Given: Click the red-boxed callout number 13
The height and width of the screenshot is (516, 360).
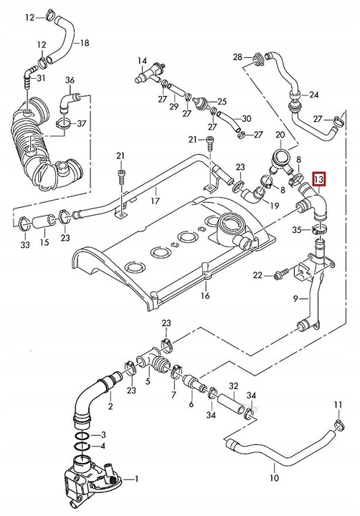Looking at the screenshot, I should click(318, 178).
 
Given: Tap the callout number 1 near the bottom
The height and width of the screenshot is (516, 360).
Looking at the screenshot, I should click(139, 479).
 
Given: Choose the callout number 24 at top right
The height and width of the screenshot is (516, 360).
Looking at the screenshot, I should click(313, 94).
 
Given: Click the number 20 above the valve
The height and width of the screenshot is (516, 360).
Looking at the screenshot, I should click(280, 135).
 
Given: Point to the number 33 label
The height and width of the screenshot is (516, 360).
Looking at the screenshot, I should click(26, 245).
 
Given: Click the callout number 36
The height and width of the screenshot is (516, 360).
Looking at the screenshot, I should click(70, 79).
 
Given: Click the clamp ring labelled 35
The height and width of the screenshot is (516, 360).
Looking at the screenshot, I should click(321, 230).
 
